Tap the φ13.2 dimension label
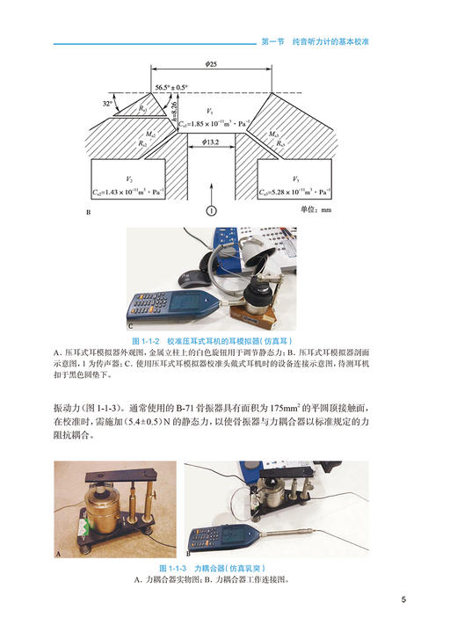pos(211,142)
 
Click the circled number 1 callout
pos(211,210)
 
